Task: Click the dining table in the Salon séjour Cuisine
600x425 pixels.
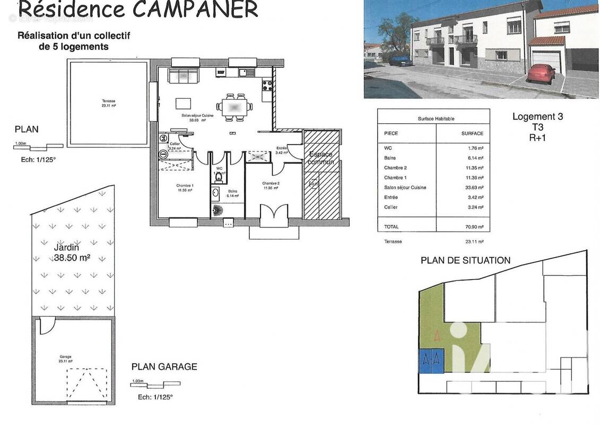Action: point(234,107)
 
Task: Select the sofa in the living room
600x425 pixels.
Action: point(183,75)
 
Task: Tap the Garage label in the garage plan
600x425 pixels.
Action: point(66,357)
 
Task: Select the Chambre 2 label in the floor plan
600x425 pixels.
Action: point(271,185)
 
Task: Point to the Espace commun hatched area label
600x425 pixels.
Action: point(321,158)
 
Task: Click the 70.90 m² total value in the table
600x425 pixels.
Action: point(474,227)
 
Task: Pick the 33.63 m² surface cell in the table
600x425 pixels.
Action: point(474,188)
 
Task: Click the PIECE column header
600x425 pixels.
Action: point(391,133)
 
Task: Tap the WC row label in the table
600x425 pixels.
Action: point(388,148)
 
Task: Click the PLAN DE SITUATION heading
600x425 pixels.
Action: point(465,260)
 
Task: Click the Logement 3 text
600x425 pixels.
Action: point(537,117)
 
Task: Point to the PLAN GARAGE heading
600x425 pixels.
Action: point(164,367)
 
